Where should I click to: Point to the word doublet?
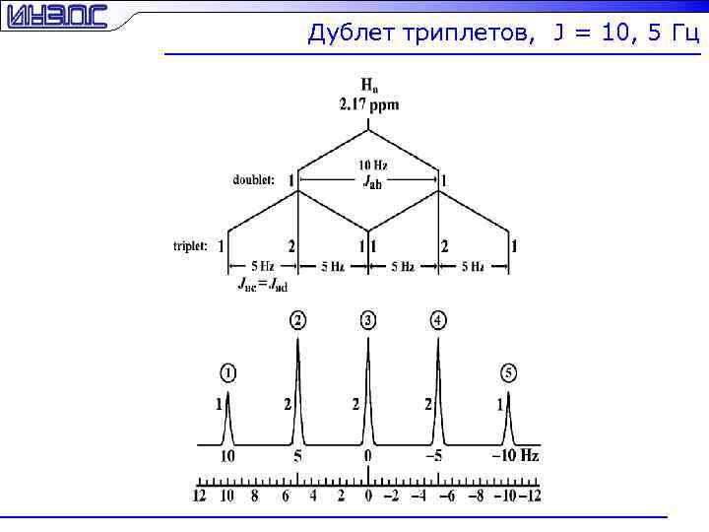[x=254, y=180]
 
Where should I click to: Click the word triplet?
[x=190, y=245]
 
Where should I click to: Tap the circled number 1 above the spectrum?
[x=227, y=372]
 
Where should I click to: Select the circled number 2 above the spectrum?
[x=297, y=320]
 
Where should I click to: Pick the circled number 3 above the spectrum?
[x=367, y=320]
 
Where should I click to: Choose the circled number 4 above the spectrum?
[x=438, y=320]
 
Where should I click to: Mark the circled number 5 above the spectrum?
[x=508, y=372]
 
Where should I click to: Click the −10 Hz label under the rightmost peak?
[x=516, y=456]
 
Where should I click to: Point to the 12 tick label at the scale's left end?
[x=200, y=496]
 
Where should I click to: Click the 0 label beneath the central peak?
[x=367, y=456]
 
